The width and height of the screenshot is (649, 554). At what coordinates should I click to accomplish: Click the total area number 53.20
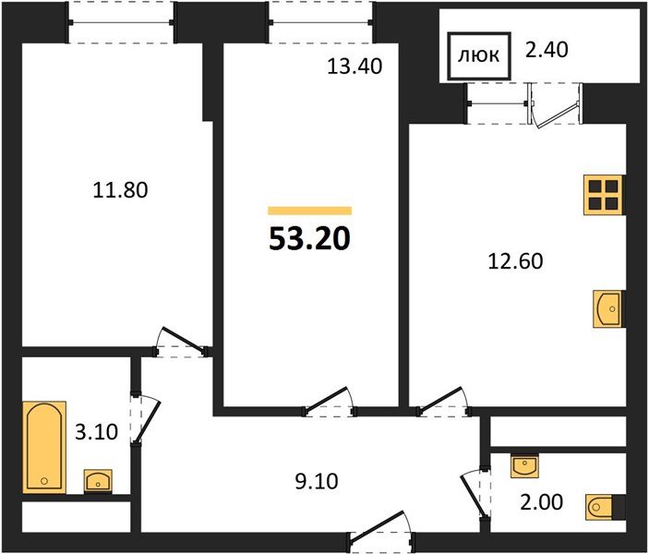(309, 239)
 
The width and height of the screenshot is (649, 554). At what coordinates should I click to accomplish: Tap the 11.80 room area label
(120, 190)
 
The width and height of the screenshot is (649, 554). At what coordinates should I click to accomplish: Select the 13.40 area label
(355, 66)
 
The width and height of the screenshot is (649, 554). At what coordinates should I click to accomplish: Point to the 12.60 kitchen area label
(515, 261)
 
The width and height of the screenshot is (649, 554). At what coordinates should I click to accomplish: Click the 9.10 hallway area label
(317, 482)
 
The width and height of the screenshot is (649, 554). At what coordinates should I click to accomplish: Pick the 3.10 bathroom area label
(96, 432)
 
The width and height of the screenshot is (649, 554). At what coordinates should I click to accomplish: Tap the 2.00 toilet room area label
(541, 501)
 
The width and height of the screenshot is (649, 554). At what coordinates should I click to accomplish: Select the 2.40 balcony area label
(547, 50)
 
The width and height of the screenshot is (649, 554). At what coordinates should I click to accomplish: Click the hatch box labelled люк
(479, 55)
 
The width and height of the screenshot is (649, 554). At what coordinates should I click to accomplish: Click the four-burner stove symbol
(605, 195)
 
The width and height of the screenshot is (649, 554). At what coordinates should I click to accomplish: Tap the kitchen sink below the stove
(608, 309)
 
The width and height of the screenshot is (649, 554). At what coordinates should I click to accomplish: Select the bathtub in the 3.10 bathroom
(44, 447)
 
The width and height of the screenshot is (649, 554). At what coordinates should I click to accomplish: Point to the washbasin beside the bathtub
(98, 481)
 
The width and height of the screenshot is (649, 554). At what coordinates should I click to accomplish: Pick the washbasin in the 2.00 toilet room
(524, 466)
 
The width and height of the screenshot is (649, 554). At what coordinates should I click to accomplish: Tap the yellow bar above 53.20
(310, 211)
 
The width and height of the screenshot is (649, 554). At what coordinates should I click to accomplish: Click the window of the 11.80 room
(121, 22)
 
